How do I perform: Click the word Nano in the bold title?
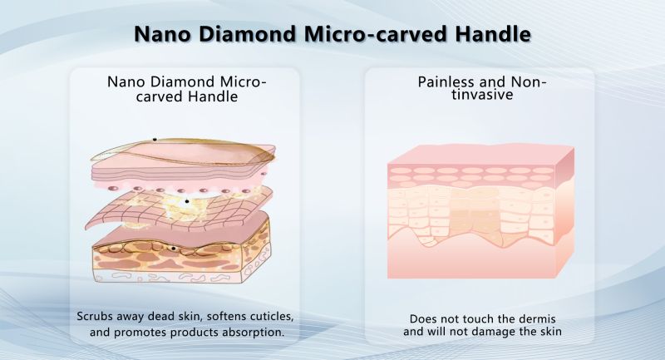[162, 34]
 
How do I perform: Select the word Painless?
[450, 81]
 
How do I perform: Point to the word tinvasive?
[482, 94]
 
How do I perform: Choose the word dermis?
[535, 318]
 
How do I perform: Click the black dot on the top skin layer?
[155, 140]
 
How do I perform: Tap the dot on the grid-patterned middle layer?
[186, 201]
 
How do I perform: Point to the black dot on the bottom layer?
[173, 249]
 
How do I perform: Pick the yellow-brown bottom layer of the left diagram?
[181, 259]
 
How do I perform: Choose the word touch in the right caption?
[465, 318]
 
